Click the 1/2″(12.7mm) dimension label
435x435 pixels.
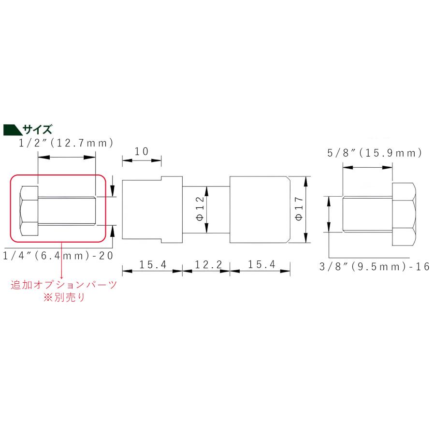(66, 143)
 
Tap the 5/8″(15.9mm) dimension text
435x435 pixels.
(375, 153)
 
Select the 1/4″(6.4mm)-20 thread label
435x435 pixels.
(58, 255)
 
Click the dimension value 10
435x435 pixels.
(141, 151)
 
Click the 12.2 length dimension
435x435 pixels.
(206, 264)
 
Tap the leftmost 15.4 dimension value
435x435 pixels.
(152, 264)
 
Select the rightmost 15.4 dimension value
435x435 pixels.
(260, 264)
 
